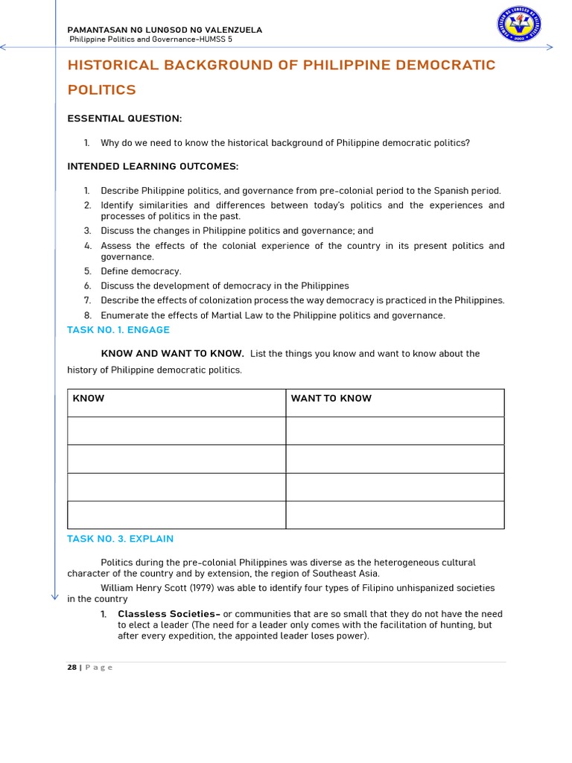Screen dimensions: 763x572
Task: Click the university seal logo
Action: click(519, 25)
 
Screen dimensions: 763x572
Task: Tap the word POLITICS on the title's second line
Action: click(102, 90)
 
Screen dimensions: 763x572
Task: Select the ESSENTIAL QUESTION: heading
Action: click(124, 118)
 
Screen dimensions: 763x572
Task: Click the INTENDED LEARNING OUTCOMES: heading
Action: click(153, 166)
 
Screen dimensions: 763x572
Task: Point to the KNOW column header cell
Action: click(89, 399)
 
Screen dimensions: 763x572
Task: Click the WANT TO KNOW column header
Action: click(331, 399)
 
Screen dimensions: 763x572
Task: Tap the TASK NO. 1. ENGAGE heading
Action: click(118, 329)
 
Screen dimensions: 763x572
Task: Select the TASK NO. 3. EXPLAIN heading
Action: click(120, 539)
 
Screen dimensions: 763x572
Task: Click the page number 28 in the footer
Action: click(71, 668)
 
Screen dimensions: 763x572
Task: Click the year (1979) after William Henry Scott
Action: click(205, 588)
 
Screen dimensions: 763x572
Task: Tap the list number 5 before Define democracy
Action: click(87, 271)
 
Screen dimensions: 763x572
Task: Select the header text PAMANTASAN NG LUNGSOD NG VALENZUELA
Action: click(165, 30)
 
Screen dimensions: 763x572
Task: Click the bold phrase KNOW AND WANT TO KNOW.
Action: click(172, 353)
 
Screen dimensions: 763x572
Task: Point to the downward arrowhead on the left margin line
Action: click(55, 595)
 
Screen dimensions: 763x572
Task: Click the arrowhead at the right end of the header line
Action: click(550, 47)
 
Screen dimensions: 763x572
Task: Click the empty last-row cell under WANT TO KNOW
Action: click(395, 515)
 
